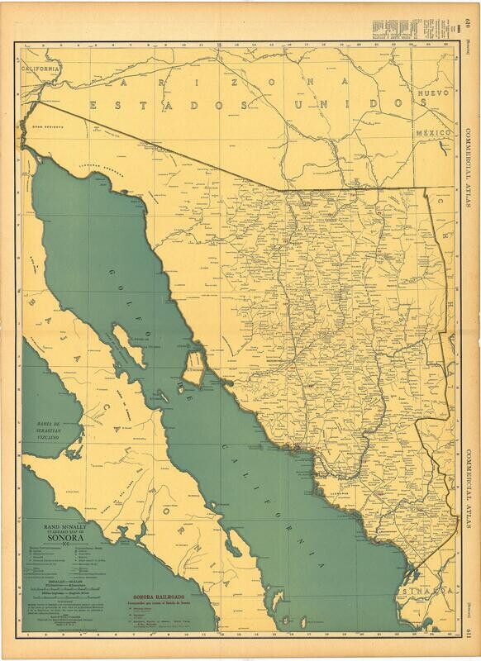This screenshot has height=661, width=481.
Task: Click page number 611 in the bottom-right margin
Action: (x=471, y=641)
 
